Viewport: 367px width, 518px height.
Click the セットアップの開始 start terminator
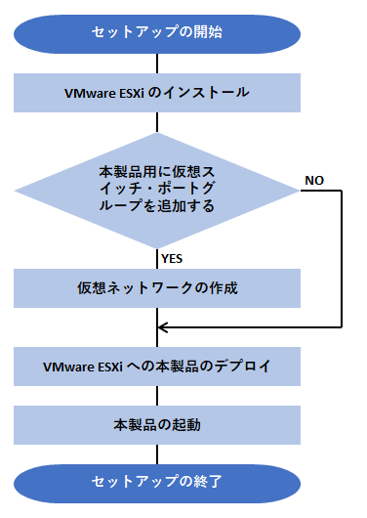pos(157,32)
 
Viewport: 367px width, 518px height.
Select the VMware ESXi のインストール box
pos(157,93)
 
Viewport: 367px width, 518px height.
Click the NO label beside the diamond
pos(314,181)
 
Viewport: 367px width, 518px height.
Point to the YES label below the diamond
pos(173,259)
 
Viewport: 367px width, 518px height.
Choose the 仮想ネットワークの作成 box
pos(157,289)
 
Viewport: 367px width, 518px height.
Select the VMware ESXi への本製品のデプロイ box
pos(157,367)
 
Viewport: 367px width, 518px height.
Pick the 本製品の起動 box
pos(157,426)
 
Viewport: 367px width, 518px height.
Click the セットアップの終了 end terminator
pos(157,481)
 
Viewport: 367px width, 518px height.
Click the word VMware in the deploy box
pos(69,367)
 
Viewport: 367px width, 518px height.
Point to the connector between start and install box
pos(157,64)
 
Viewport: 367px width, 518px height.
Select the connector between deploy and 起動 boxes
pos(157,396)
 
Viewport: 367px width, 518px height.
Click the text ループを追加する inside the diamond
pos(157,207)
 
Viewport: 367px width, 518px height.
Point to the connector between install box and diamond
pos(157,123)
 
